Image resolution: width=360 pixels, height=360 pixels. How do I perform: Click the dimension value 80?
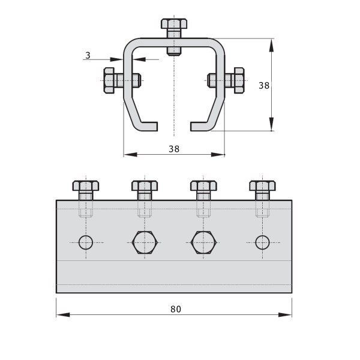[176, 309]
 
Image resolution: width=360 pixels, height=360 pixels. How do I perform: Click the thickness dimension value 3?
[88, 55]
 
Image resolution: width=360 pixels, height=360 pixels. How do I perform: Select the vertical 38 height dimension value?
[264, 86]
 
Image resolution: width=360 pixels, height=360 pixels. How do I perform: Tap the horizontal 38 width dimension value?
[174, 149]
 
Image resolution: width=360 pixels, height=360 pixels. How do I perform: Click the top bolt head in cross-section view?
[174, 23]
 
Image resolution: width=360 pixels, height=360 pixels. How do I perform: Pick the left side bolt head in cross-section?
[109, 80]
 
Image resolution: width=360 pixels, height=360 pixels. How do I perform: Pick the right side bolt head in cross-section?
[239, 80]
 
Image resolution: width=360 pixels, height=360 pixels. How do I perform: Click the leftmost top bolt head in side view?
[86, 186]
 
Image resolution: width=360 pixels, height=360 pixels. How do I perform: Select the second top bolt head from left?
[145, 186]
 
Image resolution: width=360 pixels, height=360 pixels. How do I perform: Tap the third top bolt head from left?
[203, 186]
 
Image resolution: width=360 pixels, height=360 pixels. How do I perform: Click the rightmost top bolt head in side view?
[262, 186]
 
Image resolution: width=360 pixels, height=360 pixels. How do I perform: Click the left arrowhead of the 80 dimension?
[63, 314]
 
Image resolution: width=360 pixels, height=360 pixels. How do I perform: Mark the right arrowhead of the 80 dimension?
[285, 314]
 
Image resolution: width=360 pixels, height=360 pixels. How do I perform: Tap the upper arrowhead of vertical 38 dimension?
[271, 46]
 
